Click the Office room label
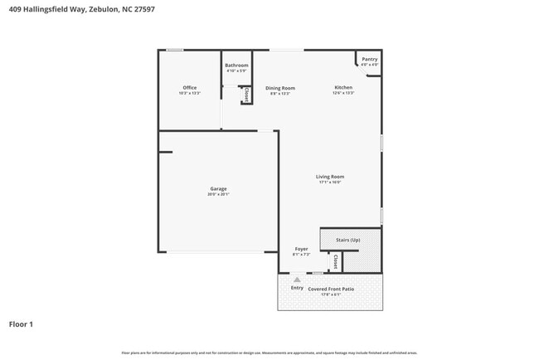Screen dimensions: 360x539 pos(190,87)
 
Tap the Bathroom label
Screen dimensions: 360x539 pos(236,65)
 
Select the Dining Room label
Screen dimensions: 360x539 pos(280,88)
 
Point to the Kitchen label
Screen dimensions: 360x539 pos(343,87)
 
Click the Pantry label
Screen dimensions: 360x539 pos(369,59)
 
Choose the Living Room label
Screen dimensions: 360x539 pos(329,176)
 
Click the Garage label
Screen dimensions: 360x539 pos(218,188)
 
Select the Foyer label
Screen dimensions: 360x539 pos(301,249)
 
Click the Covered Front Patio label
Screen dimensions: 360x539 pos(332,288)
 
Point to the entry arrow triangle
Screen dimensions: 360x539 pos(297,280)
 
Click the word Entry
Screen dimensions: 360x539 pos(297,288)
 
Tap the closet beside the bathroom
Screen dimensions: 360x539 pos(246,95)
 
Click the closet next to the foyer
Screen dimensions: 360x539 pos(334,261)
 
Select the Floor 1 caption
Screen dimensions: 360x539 pos(21,324)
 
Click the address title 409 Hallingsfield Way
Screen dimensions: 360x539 pos(80,9)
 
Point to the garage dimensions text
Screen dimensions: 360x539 pos(218,195)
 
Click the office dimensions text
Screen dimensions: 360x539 pos(190,94)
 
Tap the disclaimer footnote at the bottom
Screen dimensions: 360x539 pos(269,353)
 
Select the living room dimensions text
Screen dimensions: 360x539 pos(329,182)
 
